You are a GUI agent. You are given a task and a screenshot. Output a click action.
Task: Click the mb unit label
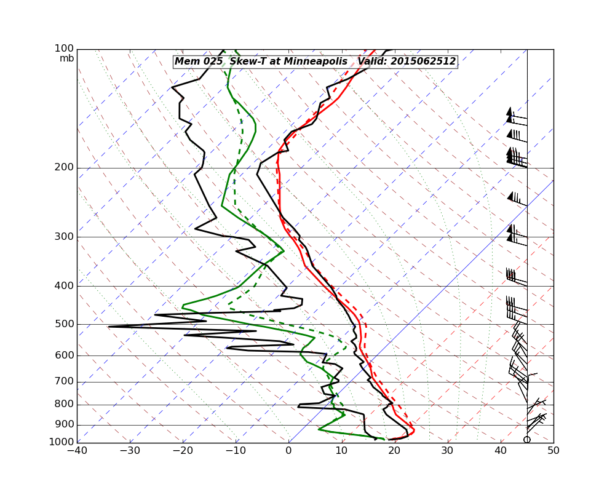[66, 58]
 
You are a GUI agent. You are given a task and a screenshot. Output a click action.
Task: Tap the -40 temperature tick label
[77, 451]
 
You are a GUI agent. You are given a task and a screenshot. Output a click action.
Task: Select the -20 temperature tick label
[183, 451]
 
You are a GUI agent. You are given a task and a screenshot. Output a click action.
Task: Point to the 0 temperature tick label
[289, 451]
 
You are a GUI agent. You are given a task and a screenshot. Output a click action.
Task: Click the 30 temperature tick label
[448, 451]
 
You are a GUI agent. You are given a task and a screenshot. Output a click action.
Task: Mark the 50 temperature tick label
[553, 451]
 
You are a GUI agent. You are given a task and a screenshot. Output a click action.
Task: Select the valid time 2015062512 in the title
[424, 61]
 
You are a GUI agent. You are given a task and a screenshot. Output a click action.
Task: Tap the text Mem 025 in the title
[198, 61]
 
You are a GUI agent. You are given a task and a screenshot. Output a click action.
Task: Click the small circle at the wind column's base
[527, 439]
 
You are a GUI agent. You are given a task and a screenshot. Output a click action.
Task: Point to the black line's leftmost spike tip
[109, 327]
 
